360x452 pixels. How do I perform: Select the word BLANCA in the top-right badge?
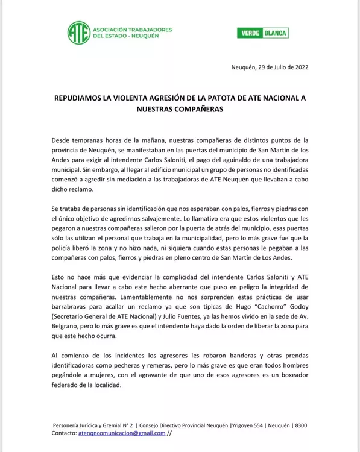(274, 33)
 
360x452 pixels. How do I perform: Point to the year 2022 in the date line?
(299, 67)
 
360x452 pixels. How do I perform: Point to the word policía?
(65, 248)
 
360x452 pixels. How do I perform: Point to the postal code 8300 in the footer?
(300, 425)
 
